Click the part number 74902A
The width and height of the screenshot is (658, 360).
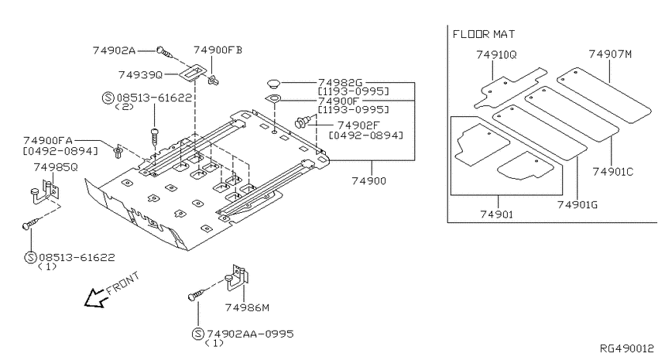pyautogui.click(x=114, y=50)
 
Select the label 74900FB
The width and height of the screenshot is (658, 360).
pyautogui.click(x=218, y=50)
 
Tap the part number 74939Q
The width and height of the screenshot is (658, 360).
pyautogui.click(x=140, y=74)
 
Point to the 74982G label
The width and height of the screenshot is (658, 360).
pyautogui.click(x=340, y=83)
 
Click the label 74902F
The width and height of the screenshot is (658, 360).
pyautogui.click(x=358, y=125)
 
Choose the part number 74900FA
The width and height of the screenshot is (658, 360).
pyautogui.click(x=48, y=140)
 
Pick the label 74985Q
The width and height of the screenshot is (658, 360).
pyautogui.click(x=56, y=167)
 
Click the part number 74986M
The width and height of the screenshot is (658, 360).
pyautogui.click(x=247, y=307)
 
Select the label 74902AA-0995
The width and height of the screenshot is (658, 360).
pyautogui.click(x=250, y=334)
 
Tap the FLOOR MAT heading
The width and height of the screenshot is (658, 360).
pyautogui.click(x=483, y=34)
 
